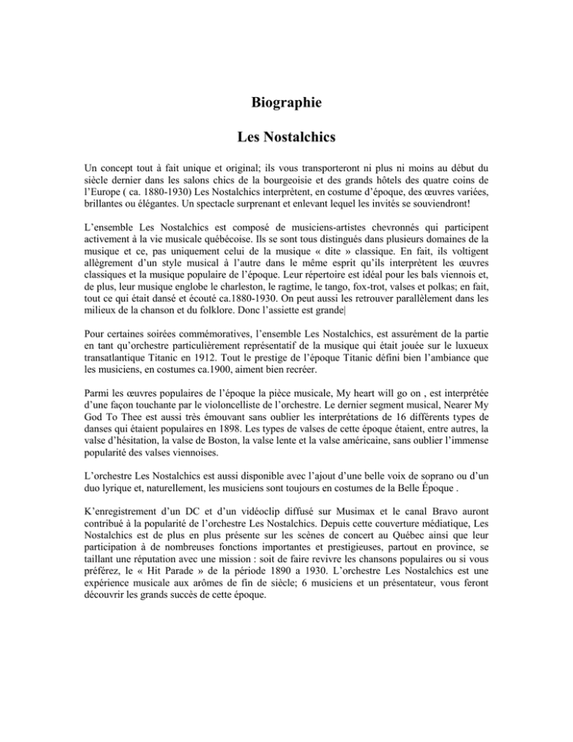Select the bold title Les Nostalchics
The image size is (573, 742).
(286, 137)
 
